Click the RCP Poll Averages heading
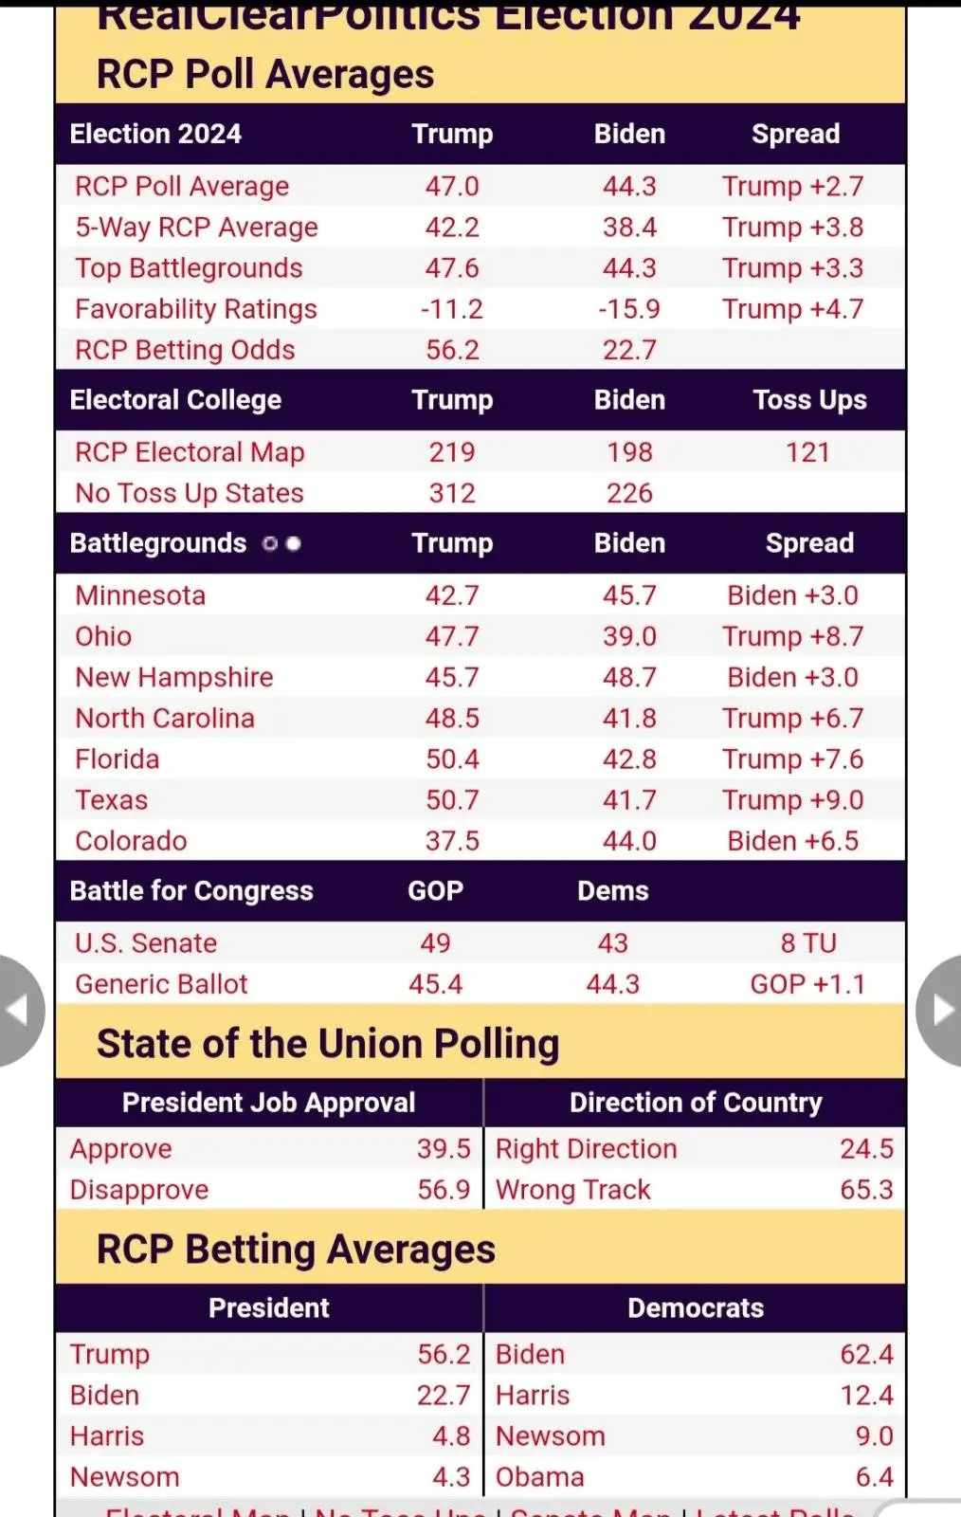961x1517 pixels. tap(265, 75)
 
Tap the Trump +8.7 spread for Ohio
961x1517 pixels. tap(792, 636)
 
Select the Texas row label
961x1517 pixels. tap(112, 800)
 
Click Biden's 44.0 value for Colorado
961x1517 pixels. tap(629, 841)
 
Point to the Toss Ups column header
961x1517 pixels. tap(809, 400)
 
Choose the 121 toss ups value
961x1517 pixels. tap(807, 452)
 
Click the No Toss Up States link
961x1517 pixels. tap(190, 493)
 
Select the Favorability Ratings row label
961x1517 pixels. tap(196, 309)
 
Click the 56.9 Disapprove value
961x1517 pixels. tap(444, 1190)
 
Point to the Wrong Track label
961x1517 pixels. tap(573, 1190)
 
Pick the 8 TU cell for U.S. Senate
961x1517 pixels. tap(808, 943)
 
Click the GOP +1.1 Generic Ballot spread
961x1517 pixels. tap(807, 984)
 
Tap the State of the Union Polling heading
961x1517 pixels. tap(328, 1044)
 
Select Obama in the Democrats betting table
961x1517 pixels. tap(540, 1477)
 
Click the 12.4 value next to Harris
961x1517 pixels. tap(866, 1396)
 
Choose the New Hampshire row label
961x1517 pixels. tap(174, 677)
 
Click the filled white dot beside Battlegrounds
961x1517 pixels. tap(294, 543)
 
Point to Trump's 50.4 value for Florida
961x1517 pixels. tap(452, 759)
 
